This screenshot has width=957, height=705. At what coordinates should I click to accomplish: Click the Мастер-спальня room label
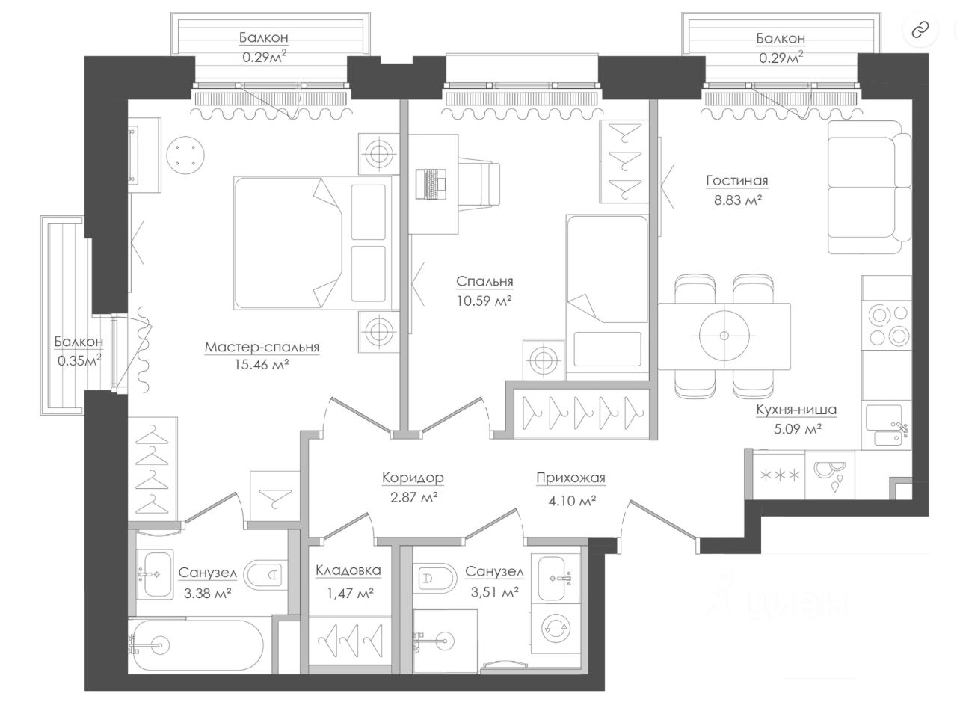click(262, 347)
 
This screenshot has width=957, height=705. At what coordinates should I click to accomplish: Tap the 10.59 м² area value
click(484, 301)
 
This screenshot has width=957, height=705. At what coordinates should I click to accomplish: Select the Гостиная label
click(737, 181)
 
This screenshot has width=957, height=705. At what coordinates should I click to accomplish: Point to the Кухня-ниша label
click(796, 410)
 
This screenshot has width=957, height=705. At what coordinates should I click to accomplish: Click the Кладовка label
click(348, 570)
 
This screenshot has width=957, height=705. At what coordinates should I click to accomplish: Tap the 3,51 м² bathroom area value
click(495, 592)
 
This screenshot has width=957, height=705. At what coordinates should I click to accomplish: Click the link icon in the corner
click(920, 31)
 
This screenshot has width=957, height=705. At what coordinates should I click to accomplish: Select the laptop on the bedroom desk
click(431, 184)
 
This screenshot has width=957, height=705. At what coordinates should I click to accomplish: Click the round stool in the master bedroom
click(185, 155)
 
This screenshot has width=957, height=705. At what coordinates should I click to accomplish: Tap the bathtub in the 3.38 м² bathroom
click(196, 645)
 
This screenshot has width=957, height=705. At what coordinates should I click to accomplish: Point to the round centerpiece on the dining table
click(724, 336)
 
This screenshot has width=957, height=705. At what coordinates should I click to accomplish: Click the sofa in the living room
click(870, 187)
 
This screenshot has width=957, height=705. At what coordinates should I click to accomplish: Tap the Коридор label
click(413, 478)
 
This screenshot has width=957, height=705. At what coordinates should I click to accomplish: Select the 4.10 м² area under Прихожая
click(572, 501)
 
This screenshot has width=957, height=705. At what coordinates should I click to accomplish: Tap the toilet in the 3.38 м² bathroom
click(264, 576)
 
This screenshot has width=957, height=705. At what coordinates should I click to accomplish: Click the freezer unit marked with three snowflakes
click(779, 475)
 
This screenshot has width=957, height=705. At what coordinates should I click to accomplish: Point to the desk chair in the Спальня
click(479, 184)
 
